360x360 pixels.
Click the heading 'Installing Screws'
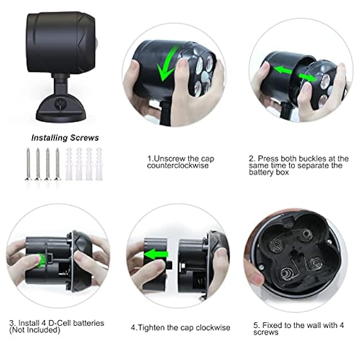tap(65, 138)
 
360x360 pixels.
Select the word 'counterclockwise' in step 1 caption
tap(172, 166)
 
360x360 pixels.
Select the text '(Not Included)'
tap(34, 330)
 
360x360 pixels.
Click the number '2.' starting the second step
tap(252, 159)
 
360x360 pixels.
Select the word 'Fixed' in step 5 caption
tap(272, 325)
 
